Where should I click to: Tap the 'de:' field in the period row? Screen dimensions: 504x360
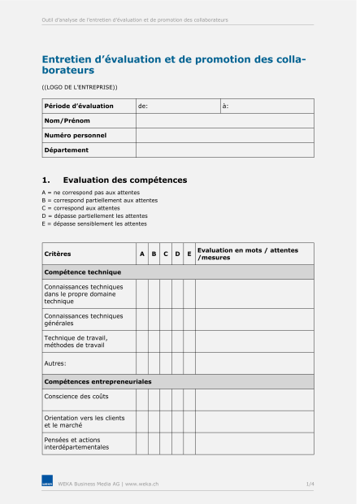[x=177, y=106]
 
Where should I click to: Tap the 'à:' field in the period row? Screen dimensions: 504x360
[x=267, y=106]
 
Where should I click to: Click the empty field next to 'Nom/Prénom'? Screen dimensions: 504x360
[x=224, y=121]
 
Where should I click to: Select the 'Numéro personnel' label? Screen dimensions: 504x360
[x=76, y=136]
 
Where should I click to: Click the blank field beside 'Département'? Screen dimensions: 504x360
[x=224, y=150]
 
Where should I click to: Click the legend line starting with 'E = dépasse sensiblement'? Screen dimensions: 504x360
[x=94, y=224]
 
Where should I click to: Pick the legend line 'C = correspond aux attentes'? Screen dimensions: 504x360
[x=80, y=208]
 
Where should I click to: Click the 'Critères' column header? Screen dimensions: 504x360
[x=58, y=254]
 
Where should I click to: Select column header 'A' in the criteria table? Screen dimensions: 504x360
[x=142, y=254]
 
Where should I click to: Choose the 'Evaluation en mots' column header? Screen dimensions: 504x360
[x=247, y=254]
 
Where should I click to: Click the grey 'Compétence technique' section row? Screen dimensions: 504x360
[x=177, y=272]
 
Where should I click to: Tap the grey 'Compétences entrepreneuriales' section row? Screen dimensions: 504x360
[x=177, y=381]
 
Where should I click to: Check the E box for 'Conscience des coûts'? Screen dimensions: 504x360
[x=189, y=399]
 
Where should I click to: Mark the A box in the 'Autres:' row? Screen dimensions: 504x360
[x=142, y=363]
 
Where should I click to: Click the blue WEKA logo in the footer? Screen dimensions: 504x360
[x=47, y=484]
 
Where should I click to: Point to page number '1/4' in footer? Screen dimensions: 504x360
[x=310, y=484]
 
